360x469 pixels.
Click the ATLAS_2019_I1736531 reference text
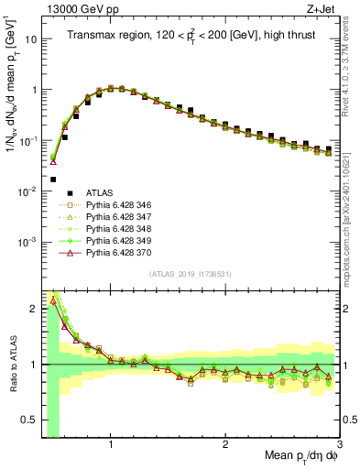point(189,274)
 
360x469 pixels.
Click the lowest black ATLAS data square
point(53,180)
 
